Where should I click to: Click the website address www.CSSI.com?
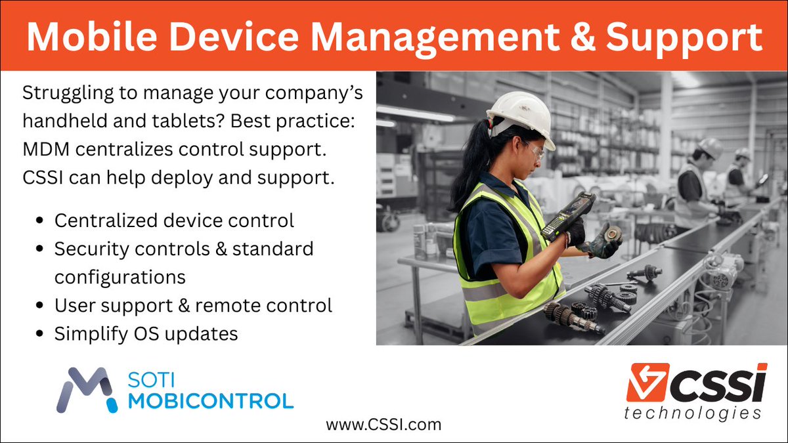[x=383, y=425]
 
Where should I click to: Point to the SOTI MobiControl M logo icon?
[x=88, y=390]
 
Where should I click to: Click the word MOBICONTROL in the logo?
[x=210, y=400]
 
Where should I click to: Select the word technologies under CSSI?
[x=693, y=413]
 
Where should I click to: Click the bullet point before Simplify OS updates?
[x=41, y=335]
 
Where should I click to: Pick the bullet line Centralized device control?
[x=174, y=221]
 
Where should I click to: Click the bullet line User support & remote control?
[x=193, y=306]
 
